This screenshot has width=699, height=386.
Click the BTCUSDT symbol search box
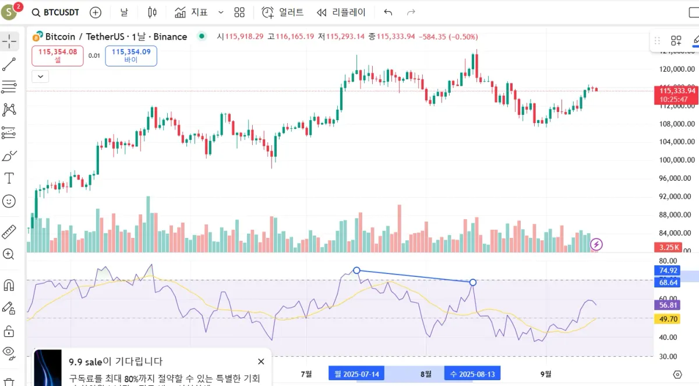click(56, 12)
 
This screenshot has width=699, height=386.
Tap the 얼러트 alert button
click(283, 12)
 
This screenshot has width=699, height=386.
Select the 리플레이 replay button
click(341, 12)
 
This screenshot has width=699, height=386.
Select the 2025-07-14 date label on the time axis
click(356, 373)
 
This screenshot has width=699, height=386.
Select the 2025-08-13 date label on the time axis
click(472, 373)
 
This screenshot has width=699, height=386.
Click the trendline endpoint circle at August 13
click(473, 283)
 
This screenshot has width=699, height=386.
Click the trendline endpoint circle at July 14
click(357, 271)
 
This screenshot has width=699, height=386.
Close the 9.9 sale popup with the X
click(261, 362)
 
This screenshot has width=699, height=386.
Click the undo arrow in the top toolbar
click(389, 12)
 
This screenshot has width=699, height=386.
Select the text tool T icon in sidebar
click(9, 178)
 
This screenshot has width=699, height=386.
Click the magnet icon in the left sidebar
click(9, 286)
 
